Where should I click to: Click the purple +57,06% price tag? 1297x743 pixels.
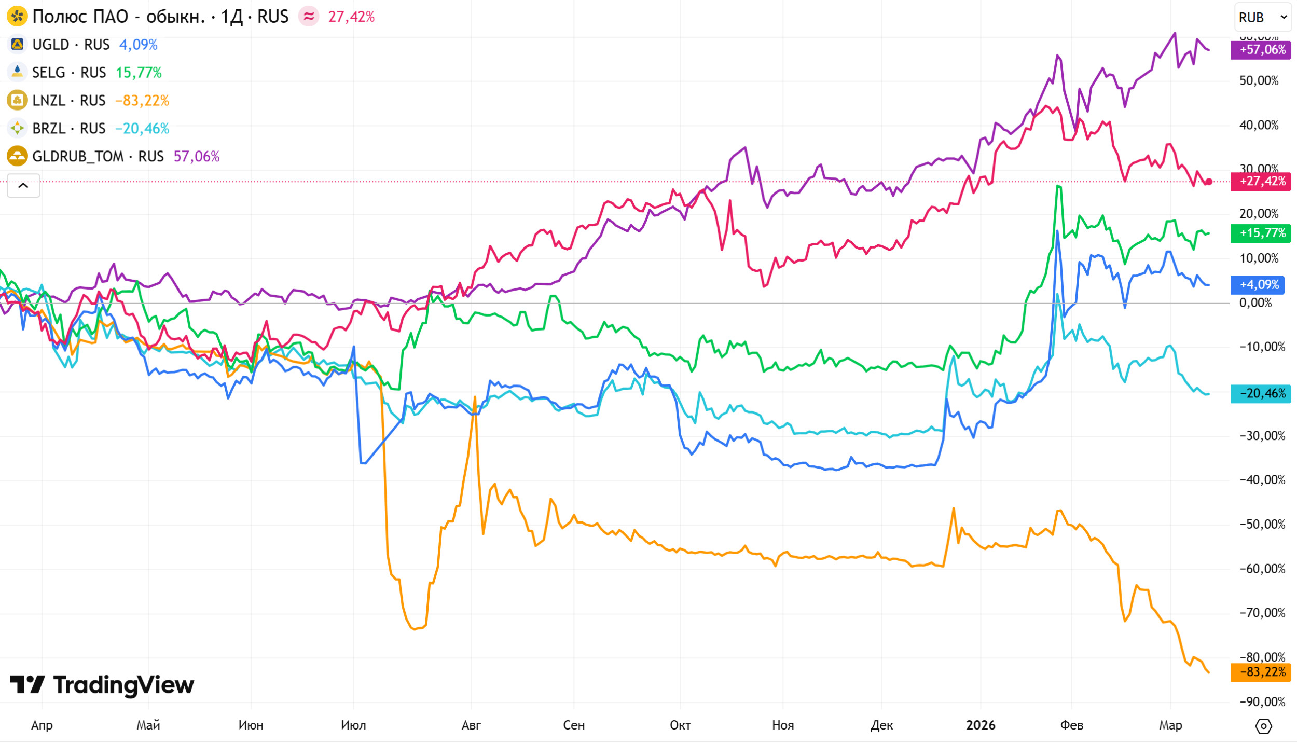[1262, 50]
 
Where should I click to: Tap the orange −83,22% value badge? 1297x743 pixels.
[1262, 672]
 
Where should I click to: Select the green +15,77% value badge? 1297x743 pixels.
[1262, 233]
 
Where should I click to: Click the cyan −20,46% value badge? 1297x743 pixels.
[1262, 394]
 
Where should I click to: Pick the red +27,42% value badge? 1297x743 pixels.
[1262, 182]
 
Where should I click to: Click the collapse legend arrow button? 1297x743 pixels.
[23, 186]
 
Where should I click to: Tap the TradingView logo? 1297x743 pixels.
[102, 685]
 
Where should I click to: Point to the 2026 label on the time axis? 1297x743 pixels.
[981, 725]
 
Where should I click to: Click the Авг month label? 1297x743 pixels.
[471, 725]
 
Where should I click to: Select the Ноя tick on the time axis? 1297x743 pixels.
[783, 725]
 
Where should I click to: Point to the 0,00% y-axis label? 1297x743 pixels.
[1255, 303]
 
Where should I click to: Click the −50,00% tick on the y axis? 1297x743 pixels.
[1262, 525]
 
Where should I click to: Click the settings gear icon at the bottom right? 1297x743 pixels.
[1263, 726]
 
